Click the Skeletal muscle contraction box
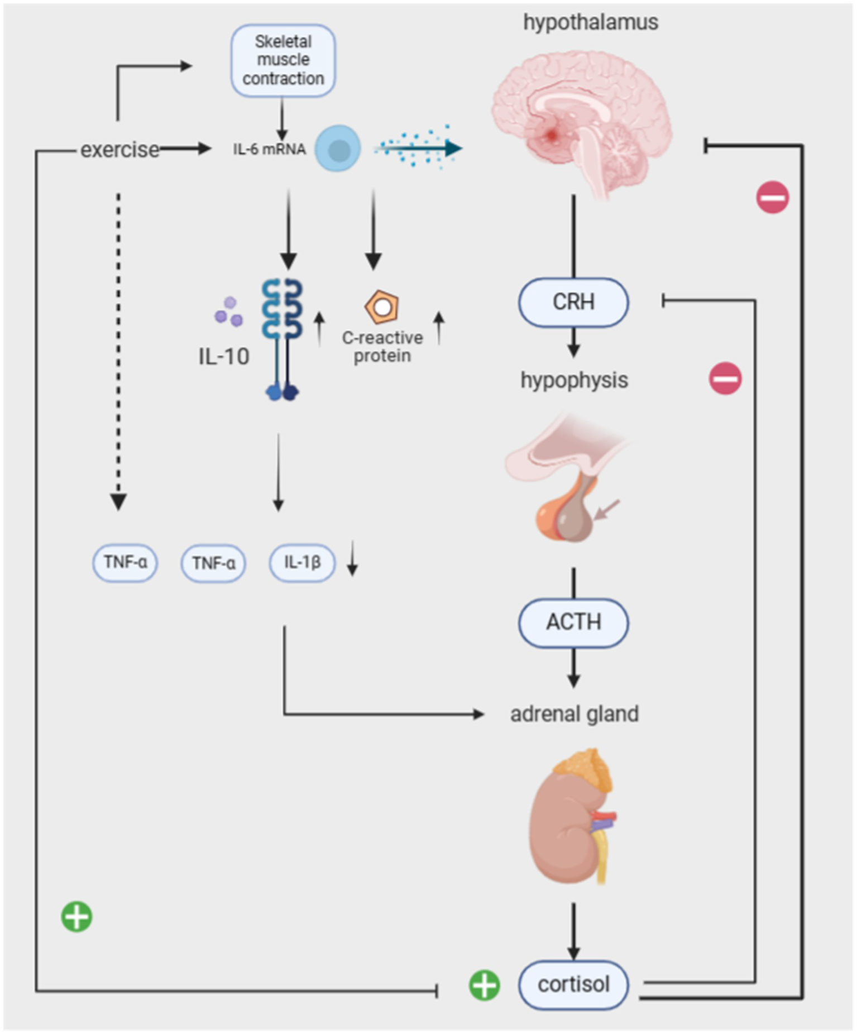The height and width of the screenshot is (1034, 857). pyautogui.click(x=283, y=60)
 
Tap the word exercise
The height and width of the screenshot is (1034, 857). pyautogui.click(x=120, y=150)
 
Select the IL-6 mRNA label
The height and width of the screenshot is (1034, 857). pyautogui.click(x=269, y=149)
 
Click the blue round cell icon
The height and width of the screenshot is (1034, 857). pyautogui.click(x=338, y=149)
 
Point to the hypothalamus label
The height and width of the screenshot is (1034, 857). pyautogui.click(x=591, y=22)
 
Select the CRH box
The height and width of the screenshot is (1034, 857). pyautogui.click(x=573, y=302)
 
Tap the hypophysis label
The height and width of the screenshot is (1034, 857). pyautogui.click(x=574, y=380)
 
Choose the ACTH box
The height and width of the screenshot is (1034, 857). pyautogui.click(x=573, y=623)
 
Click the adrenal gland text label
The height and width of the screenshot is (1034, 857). pyautogui.click(x=574, y=714)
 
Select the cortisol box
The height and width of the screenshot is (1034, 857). pyautogui.click(x=573, y=985)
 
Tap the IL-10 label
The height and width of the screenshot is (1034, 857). pyautogui.click(x=224, y=357)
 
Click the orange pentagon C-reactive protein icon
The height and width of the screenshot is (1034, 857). pyautogui.click(x=382, y=307)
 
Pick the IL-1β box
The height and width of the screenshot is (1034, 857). pyautogui.click(x=303, y=563)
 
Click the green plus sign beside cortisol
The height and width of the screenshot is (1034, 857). pyautogui.click(x=484, y=985)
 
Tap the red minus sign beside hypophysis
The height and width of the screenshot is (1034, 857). pyautogui.click(x=725, y=379)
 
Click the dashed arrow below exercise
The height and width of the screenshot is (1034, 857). pyautogui.click(x=118, y=352)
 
